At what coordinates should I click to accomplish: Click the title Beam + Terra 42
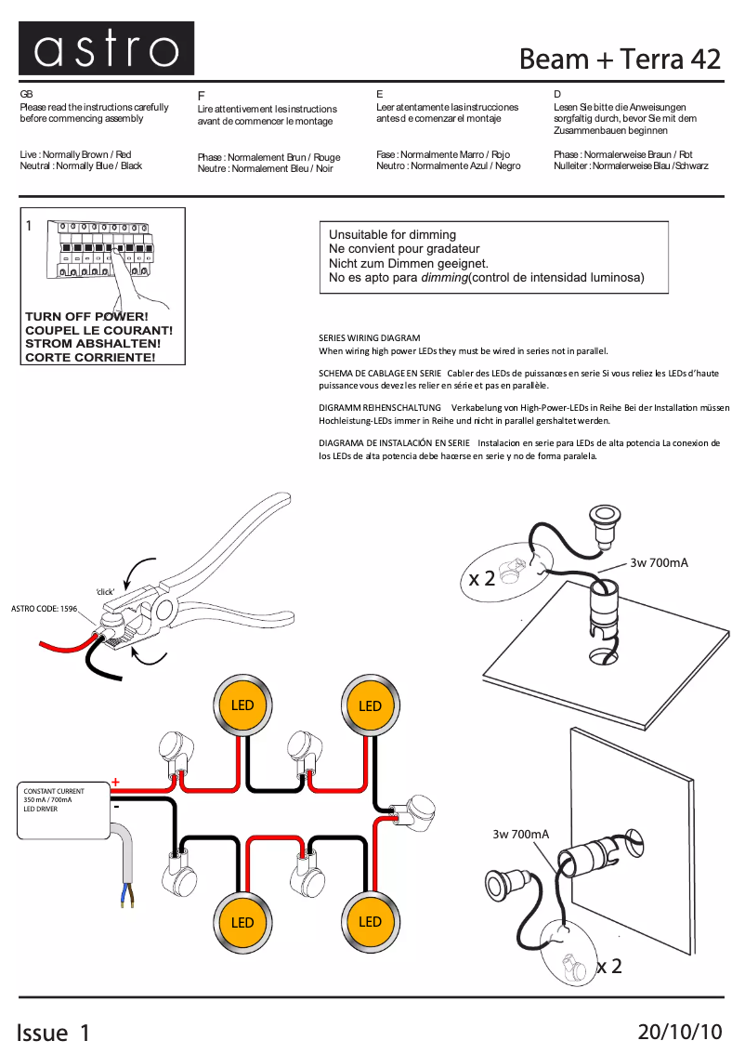(x=620, y=59)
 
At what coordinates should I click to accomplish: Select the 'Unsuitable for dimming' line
(x=392, y=235)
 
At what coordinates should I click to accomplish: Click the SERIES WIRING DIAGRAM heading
(x=369, y=338)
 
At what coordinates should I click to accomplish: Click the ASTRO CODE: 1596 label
(x=44, y=609)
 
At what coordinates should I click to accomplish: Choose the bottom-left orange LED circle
(x=242, y=922)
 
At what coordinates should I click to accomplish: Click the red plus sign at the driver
(x=116, y=783)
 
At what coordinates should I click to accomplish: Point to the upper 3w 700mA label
(x=659, y=562)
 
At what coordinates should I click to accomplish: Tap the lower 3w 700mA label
(x=520, y=835)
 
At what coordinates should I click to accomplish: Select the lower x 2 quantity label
(x=608, y=967)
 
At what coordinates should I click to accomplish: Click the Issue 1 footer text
(x=55, y=1032)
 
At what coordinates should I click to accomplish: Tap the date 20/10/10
(x=680, y=1032)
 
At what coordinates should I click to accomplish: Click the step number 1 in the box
(x=30, y=226)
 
